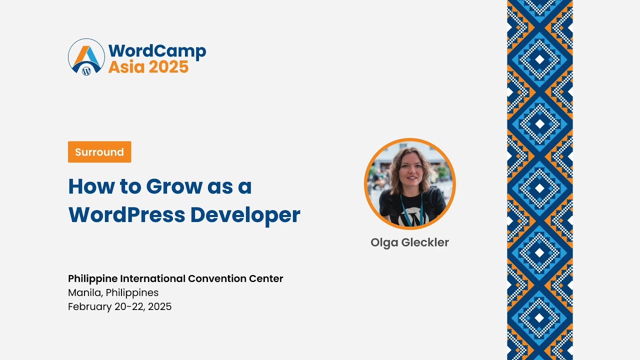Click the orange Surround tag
(99, 152)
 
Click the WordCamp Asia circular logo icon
(86, 57)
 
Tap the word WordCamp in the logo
(157, 50)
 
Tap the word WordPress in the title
(126, 214)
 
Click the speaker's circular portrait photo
(409, 183)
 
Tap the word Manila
(85, 292)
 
